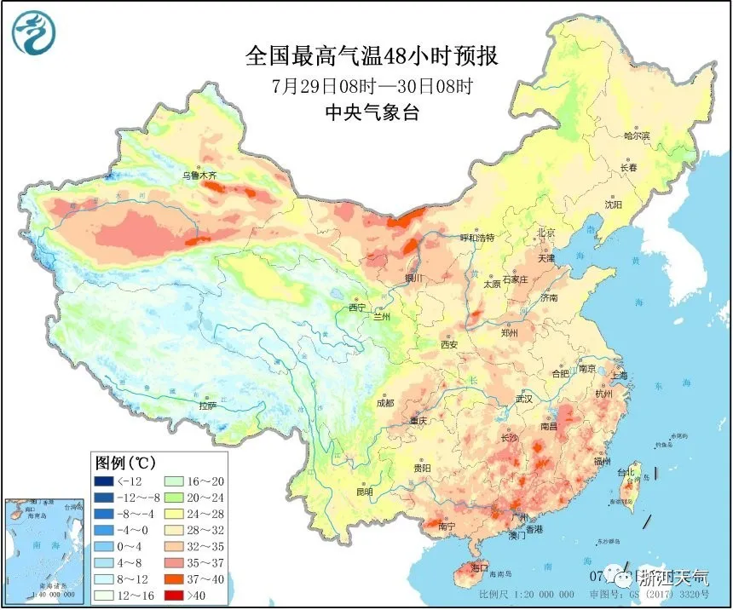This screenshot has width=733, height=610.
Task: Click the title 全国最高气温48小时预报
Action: point(371,57)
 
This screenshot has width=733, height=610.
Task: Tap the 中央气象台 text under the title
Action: point(372,112)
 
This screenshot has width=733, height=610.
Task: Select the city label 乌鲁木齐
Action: point(199,176)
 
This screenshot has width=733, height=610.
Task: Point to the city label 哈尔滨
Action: point(637,135)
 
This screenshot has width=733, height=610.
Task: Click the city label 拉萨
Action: point(208,406)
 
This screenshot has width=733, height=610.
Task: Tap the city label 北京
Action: point(545,233)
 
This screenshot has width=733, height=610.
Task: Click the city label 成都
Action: point(385,403)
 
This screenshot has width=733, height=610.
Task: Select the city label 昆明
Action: point(365,492)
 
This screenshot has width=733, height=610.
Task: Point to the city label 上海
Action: point(619,375)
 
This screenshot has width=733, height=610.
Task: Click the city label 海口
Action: point(479,567)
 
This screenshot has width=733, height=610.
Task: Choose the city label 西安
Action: point(449,344)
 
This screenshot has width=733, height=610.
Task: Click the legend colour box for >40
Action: point(176,594)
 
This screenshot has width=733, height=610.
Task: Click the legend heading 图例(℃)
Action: point(124,463)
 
